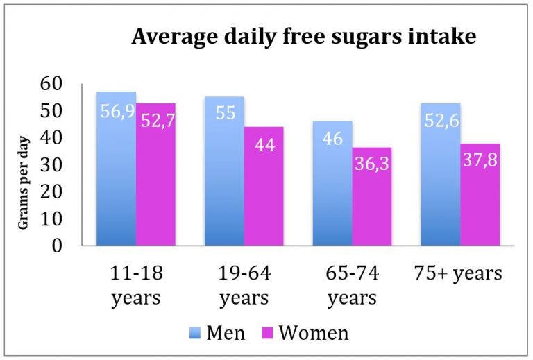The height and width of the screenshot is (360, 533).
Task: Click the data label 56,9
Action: click(117, 112)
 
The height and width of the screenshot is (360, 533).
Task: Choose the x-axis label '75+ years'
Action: click(461, 273)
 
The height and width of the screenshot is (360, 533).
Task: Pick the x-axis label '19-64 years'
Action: click(244, 285)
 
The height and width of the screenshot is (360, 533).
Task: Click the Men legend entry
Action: click(217, 333)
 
